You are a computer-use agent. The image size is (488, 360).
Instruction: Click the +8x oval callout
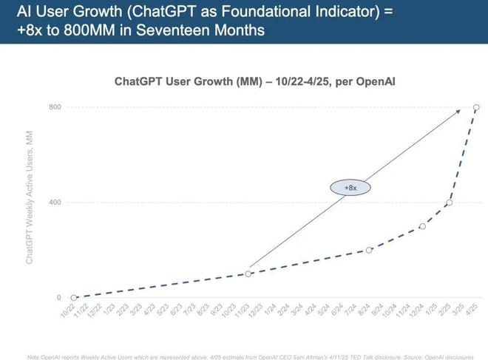point(350,188)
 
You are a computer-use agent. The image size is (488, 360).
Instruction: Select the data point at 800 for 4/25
point(476,107)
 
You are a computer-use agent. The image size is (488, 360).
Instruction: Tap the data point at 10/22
point(73,298)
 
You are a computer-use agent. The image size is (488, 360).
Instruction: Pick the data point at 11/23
point(248,274)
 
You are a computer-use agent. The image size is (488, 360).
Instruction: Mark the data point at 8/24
point(369,250)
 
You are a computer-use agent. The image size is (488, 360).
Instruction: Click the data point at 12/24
point(422,226)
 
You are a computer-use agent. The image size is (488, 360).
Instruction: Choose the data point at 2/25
point(449,203)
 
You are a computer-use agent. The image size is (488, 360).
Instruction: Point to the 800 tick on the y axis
point(55,107)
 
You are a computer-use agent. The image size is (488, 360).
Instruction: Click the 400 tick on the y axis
point(55,203)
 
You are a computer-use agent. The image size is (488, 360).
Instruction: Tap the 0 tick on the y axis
point(58,298)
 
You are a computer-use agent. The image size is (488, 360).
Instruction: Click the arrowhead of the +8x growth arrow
point(458,111)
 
